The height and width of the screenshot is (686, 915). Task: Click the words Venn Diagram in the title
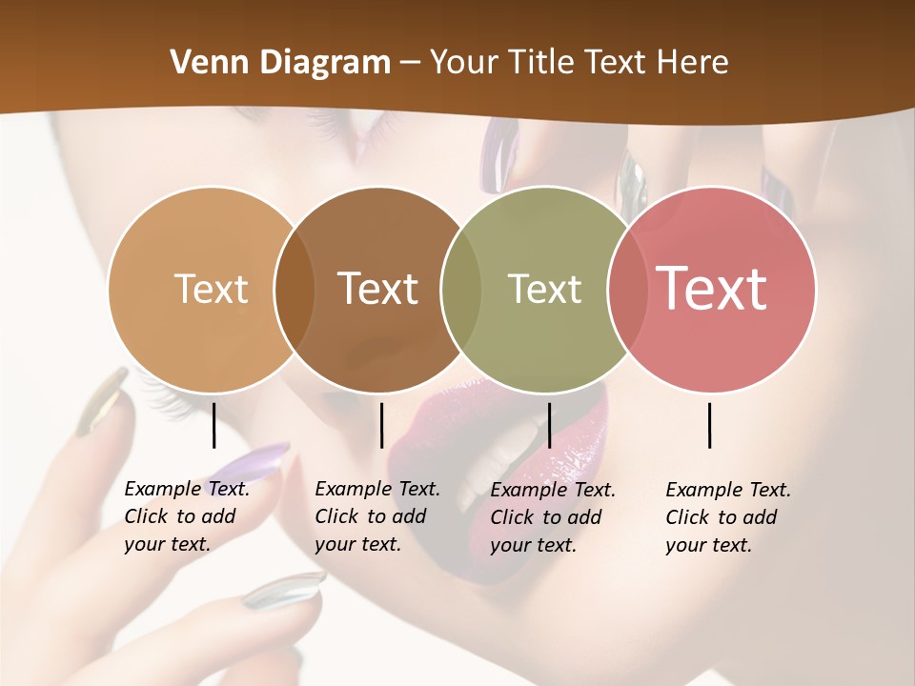280,63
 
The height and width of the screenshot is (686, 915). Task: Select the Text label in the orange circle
211,289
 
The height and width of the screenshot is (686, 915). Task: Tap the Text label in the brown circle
378,289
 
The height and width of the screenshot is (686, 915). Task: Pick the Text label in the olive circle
544,289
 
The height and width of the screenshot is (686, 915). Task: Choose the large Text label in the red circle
712,289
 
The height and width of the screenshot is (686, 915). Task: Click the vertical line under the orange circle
214,425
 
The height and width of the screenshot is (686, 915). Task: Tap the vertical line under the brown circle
382,425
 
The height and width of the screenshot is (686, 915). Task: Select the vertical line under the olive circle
549,425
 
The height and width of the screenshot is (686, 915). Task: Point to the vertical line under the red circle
710,425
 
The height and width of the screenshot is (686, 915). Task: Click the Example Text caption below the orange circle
186,516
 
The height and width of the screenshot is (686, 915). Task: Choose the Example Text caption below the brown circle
376,516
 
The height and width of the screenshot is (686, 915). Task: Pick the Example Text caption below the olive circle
552,517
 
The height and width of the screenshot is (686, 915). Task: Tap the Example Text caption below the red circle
727,517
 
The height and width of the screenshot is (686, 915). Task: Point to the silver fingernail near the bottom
284,590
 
